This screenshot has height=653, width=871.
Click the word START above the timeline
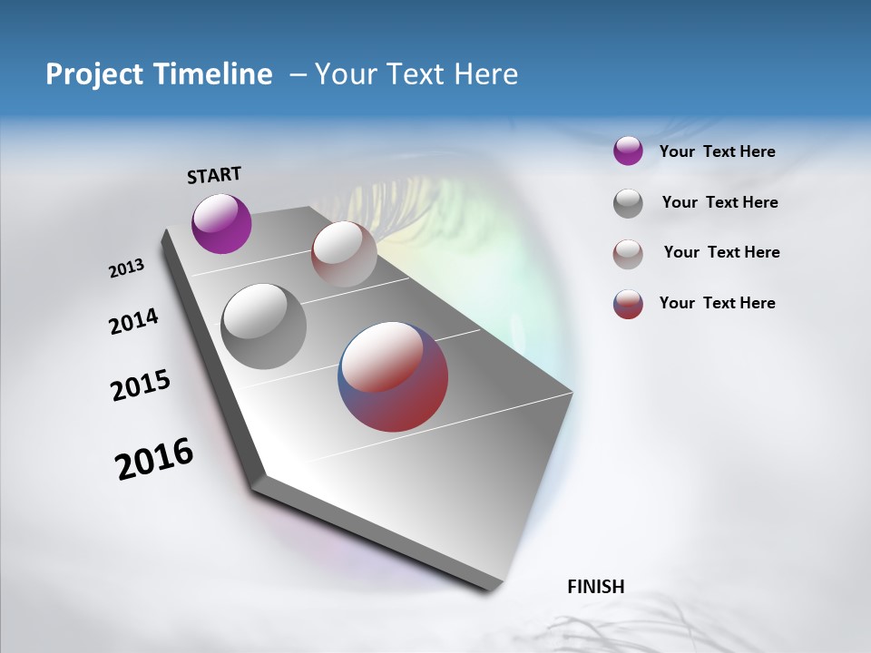(x=214, y=175)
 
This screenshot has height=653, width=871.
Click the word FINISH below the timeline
(x=596, y=587)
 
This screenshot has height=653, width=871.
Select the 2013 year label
(x=126, y=268)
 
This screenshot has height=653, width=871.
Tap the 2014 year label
(x=133, y=322)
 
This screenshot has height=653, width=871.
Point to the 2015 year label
(x=141, y=385)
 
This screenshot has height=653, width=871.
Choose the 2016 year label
(x=154, y=459)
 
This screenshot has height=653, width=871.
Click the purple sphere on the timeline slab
(x=221, y=223)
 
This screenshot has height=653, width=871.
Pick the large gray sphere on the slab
(x=263, y=326)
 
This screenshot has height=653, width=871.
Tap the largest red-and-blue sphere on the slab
(x=393, y=375)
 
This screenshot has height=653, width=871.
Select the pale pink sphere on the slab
(x=344, y=253)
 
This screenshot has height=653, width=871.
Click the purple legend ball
(x=628, y=151)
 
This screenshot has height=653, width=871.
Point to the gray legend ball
(x=628, y=203)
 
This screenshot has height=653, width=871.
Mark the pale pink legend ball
(x=628, y=254)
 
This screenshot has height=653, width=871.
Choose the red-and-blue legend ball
(x=628, y=304)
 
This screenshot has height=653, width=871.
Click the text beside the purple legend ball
(x=717, y=151)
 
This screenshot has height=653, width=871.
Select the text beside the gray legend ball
(x=719, y=202)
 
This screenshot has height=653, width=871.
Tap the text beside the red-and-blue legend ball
(x=717, y=303)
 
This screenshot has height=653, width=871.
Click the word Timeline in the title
(x=221, y=74)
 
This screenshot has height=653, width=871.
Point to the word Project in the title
(x=93, y=74)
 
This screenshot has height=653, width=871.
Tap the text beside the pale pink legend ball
(x=721, y=252)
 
